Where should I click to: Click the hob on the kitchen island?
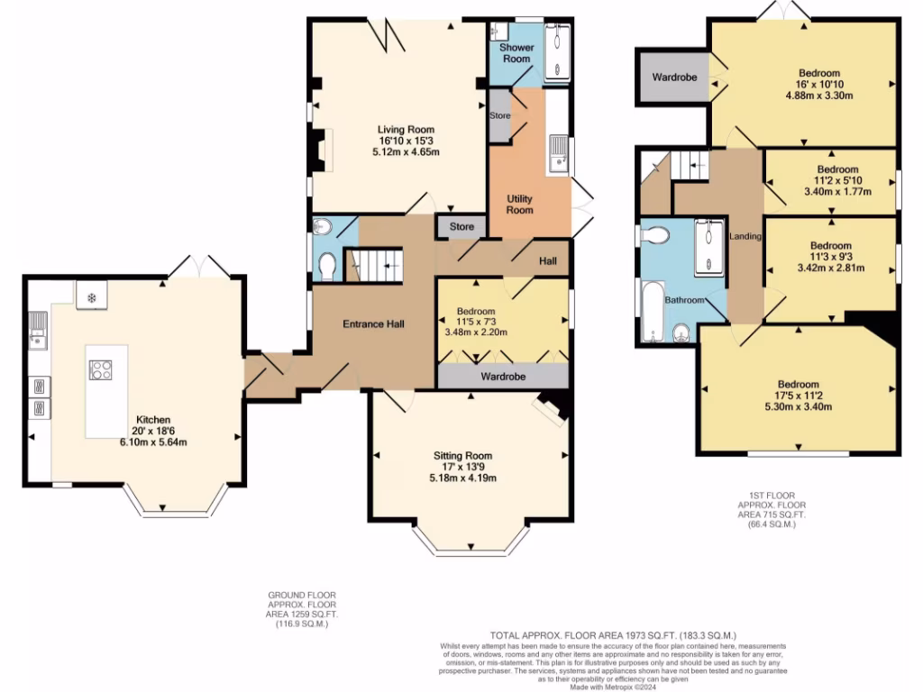pos(99,369)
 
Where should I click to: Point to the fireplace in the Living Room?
pos(321,150)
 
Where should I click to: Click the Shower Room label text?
pos(516,52)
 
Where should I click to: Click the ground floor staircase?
pos(378,266)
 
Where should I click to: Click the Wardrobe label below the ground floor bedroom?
pos(503,376)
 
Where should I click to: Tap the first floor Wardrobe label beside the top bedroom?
pos(675,77)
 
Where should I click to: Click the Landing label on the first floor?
pos(746,236)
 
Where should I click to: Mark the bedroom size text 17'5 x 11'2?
pos(798,396)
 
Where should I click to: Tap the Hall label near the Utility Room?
pos(548,261)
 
